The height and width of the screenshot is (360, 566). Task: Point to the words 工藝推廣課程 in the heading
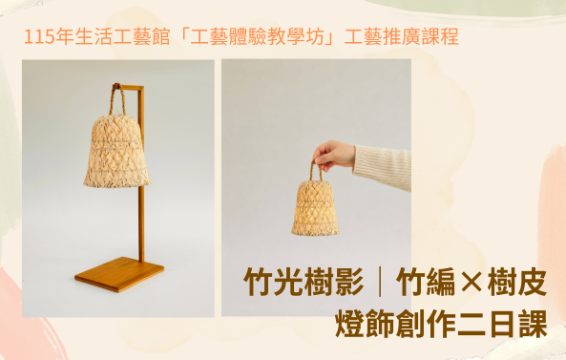401,37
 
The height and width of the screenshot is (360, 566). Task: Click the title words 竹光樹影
304,282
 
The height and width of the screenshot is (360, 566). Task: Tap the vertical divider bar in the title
380,282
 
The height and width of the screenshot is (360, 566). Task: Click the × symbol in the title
472,283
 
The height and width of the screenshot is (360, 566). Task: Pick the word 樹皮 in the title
517,282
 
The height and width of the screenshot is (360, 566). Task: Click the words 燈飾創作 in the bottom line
395,324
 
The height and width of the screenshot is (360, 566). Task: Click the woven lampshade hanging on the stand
117,151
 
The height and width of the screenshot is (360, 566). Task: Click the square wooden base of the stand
119,274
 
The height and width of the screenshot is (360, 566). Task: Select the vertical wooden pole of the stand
141,174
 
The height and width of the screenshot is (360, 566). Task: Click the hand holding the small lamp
334,155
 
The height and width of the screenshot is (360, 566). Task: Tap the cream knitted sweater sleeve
384,167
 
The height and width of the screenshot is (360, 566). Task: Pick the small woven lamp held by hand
315,208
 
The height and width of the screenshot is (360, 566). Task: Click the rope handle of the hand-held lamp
315,170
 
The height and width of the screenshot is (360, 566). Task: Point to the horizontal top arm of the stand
129,87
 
